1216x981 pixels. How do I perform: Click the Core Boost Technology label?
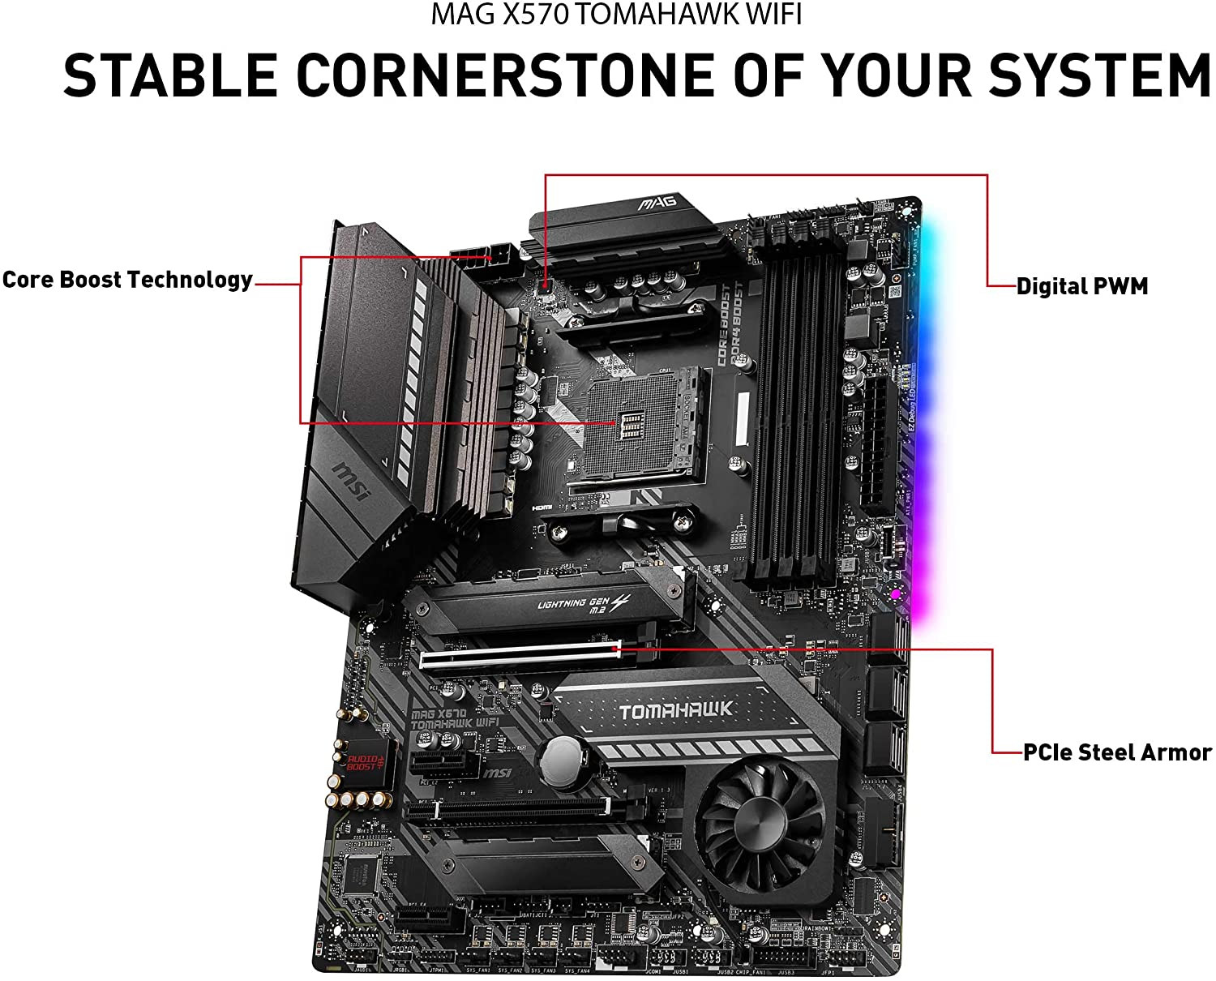(127, 280)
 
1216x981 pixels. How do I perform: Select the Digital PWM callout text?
(1082, 286)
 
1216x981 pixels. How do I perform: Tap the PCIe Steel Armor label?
(1117, 752)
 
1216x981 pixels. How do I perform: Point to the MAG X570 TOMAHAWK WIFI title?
(616, 15)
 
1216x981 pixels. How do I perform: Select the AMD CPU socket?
(636, 426)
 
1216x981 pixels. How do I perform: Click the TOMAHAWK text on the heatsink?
(675, 711)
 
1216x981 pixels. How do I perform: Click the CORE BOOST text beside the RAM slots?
(724, 324)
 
